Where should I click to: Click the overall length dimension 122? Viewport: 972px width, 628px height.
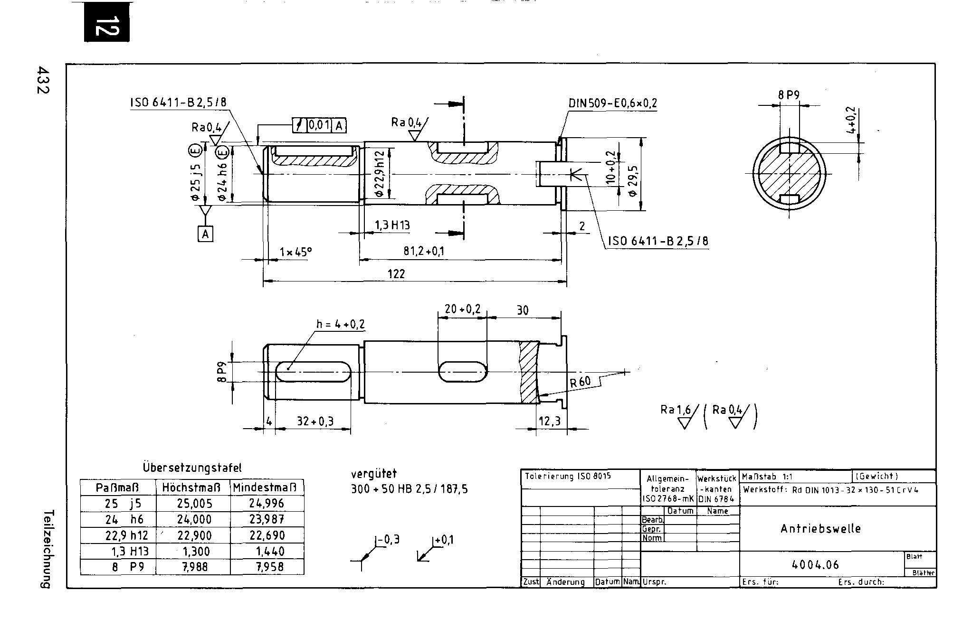tap(396, 273)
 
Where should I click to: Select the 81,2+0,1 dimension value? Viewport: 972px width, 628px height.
tap(424, 251)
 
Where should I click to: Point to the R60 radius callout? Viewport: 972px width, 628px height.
tap(580, 382)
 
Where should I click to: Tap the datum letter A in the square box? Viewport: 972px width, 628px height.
tap(205, 234)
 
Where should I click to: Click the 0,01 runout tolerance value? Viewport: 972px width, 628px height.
tap(319, 125)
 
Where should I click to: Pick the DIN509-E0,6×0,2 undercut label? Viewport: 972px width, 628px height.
tap(612, 103)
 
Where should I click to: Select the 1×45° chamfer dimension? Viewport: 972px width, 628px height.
tap(295, 252)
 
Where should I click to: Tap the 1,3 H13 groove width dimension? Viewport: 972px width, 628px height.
tap(392, 225)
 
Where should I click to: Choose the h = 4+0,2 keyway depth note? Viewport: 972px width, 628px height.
tap(341, 324)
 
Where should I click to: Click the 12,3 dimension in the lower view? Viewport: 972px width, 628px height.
tap(549, 421)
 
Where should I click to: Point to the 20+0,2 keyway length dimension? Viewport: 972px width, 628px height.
tap(462, 309)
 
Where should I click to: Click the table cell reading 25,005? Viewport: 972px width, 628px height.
tap(194, 504)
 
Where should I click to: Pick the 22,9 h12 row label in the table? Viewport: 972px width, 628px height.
tap(126, 535)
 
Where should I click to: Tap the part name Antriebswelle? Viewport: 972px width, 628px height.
tap(820, 529)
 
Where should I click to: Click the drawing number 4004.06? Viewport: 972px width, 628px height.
tap(816, 565)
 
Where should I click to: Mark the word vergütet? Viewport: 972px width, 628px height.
tap(373, 474)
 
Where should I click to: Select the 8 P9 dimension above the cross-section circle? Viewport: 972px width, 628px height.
tap(789, 95)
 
